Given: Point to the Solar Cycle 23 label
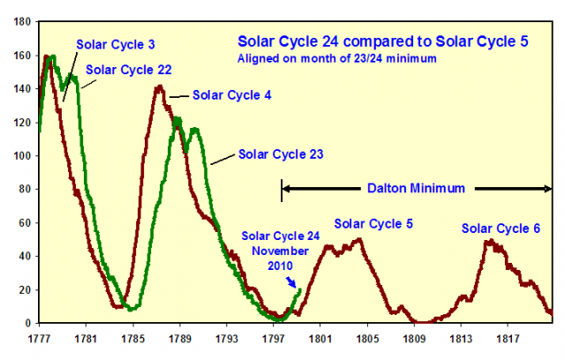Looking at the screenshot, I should [280, 154].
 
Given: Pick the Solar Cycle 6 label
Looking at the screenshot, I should [501, 229].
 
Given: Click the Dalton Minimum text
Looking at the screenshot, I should [416, 188].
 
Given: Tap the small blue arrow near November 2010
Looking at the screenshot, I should [291, 281].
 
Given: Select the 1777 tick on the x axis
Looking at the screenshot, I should [38, 337].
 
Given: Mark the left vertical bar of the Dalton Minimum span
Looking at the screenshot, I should [282, 188].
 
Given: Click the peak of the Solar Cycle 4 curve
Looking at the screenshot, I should [159, 86].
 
